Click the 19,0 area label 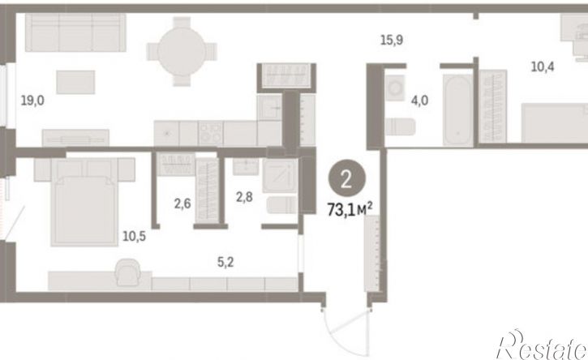pos(32,101)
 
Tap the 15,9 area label pos(392,40)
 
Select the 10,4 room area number pos(543,67)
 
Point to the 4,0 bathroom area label pos(419,101)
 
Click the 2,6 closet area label pos(182,204)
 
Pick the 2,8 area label pos(244,196)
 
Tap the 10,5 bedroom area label pos(135,236)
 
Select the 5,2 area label pos(225,262)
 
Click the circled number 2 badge pos(347,180)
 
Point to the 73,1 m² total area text pos(350,210)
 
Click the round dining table pos(182,52)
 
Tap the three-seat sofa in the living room pos(75,32)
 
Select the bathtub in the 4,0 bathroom pos(458,109)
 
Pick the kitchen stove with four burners pos(211,134)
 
